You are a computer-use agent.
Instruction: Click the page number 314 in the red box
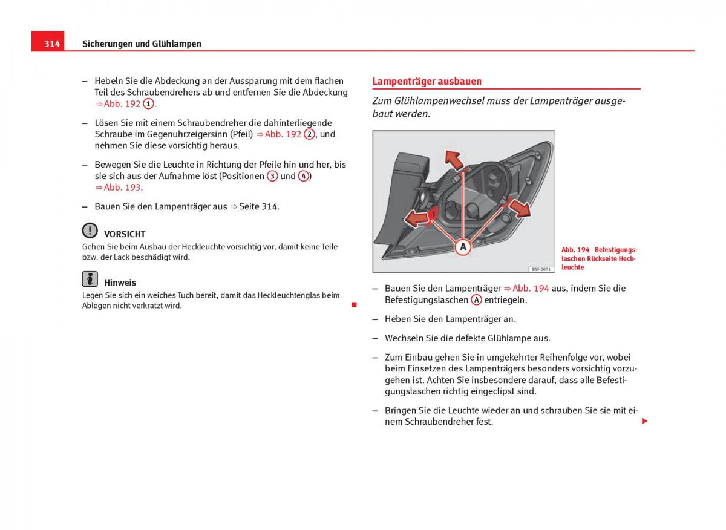click(52, 44)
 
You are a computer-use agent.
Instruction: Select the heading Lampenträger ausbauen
click(427, 81)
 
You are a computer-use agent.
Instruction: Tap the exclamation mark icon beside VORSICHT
click(90, 231)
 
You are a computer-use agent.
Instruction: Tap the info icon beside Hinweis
click(90, 279)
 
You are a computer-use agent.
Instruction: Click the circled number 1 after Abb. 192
click(148, 103)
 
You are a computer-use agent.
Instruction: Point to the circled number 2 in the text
click(309, 134)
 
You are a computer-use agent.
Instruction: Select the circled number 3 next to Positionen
click(272, 176)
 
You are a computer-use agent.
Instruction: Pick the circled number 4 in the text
click(304, 176)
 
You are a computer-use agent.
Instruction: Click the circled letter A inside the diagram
click(463, 246)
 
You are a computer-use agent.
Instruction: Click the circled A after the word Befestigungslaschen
click(477, 300)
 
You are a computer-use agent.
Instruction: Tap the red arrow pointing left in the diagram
click(416, 218)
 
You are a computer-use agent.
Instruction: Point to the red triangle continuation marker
click(644, 420)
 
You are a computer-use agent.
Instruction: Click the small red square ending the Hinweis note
click(354, 304)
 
